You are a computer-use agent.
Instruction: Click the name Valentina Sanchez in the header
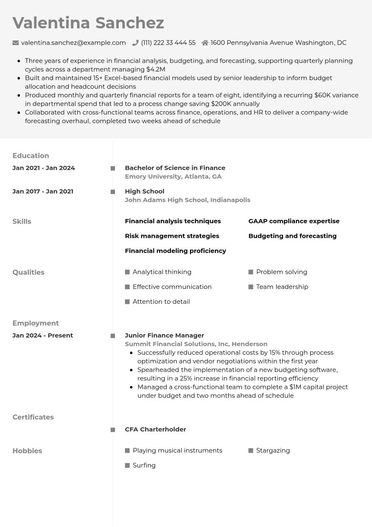pyautogui.click(x=88, y=23)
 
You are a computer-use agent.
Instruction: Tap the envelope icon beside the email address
pyautogui.click(x=16, y=43)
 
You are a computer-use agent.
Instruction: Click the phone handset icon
pyautogui.click(x=135, y=43)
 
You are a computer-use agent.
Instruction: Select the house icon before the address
pyautogui.click(x=205, y=43)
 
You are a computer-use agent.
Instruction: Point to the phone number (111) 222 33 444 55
pyautogui.click(x=168, y=43)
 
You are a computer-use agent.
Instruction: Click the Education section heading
pyautogui.click(x=31, y=156)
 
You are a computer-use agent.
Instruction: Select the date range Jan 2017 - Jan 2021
pyautogui.click(x=43, y=192)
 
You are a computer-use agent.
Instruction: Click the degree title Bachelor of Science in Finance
pyautogui.click(x=175, y=168)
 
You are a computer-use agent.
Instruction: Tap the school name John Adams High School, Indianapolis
pyautogui.click(x=187, y=200)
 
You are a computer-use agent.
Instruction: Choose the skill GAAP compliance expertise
pyautogui.click(x=294, y=221)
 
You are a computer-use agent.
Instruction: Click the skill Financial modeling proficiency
pyautogui.click(x=175, y=251)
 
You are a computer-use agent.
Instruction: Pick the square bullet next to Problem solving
pyautogui.click(x=251, y=272)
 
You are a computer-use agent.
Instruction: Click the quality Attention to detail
pyautogui.click(x=161, y=302)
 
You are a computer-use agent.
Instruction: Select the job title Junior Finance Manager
pyautogui.click(x=165, y=335)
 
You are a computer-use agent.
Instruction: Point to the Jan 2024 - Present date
pyautogui.click(x=43, y=335)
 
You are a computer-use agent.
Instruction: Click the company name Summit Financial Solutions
pyautogui.click(x=177, y=344)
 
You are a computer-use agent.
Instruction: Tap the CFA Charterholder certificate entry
pyautogui.click(x=155, y=429)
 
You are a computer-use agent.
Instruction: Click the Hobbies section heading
pyautogui.click(x=27, y=451)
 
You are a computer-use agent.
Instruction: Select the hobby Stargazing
pyautogui.click(x=273, y=451)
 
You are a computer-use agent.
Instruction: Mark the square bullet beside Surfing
pyautogui.click(x=127, y=466)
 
